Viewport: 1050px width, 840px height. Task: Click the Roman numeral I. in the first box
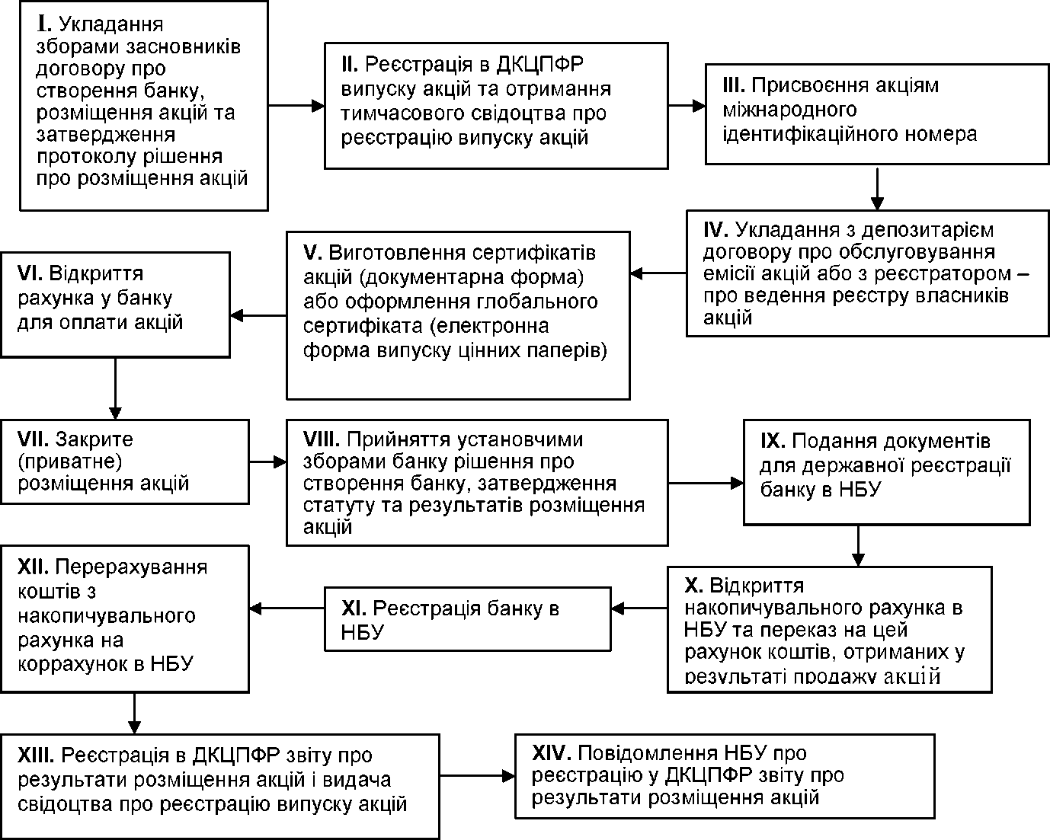tap(43, 24)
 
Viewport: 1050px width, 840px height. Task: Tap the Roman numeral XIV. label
tap(552, 753)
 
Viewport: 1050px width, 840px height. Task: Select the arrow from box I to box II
tap(296, 105)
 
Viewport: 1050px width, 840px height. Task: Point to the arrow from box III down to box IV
tap(877, 190)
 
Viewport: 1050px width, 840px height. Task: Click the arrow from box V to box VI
tap(258, 315)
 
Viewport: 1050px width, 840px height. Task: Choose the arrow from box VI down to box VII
tap(115, 389)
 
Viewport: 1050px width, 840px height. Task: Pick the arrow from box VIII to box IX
tap(706, 484)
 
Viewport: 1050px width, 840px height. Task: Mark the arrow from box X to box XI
tap(639, 608)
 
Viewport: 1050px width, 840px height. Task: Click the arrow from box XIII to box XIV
tap(477, 776)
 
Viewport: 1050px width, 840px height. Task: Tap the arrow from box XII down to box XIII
tap(134, 713)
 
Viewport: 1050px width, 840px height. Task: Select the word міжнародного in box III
tap(789, 110)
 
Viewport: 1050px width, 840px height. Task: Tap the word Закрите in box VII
tap(94, 439)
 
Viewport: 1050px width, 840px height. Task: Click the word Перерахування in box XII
tap(131, 568)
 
